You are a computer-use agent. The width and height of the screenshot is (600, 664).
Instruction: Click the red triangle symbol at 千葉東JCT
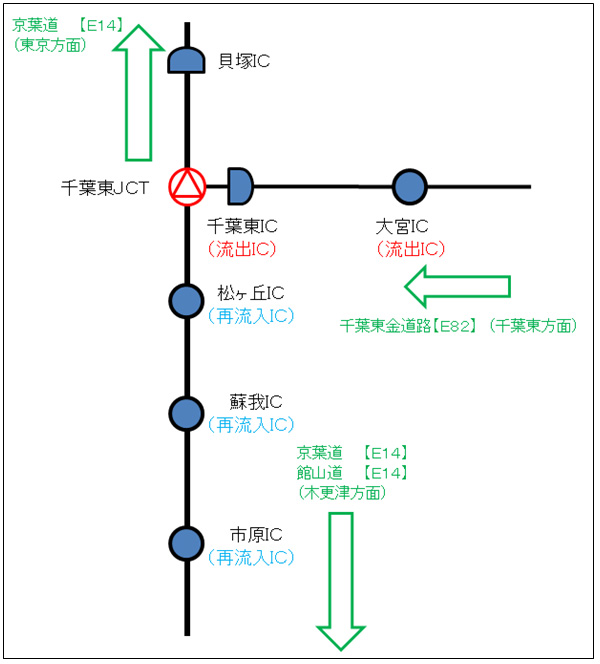point(187,186)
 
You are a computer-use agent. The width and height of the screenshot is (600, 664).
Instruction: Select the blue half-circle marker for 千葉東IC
point(240,185)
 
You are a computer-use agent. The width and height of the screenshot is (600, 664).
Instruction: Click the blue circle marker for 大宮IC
point(409,186)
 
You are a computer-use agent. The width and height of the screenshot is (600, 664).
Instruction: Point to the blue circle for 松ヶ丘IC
point(187,300)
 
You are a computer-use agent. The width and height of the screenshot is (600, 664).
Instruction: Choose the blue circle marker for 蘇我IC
point(187,412)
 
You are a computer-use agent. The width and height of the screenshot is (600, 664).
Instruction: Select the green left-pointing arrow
point(456,288)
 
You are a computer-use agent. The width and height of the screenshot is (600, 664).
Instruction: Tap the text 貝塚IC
point(243,62)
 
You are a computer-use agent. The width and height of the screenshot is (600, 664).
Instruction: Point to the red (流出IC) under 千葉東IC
point(241,249)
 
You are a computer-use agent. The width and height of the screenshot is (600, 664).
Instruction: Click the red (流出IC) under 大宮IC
point(410,249)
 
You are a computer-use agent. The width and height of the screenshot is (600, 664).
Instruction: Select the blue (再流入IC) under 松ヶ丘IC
point(250,316)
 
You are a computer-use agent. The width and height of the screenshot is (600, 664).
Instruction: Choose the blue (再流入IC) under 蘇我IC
point(250,424)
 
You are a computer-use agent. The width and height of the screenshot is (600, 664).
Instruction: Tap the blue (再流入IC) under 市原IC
point(250,557)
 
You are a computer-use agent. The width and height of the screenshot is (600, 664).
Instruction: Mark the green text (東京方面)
point(50,45)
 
